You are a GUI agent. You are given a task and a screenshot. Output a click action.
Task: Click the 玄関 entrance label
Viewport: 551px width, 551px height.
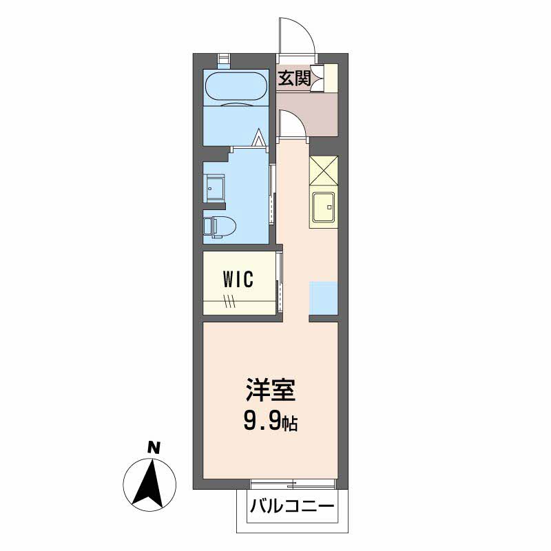coord(293,79)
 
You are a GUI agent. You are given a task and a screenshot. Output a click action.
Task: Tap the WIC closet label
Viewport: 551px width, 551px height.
coord(238,279)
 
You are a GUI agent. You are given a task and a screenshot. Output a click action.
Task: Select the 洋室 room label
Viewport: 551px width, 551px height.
coord(270,391)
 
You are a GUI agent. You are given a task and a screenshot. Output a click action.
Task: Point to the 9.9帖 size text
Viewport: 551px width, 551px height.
coord(270,421)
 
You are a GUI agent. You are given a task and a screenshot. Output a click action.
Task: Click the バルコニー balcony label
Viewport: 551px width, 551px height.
coord(292,508)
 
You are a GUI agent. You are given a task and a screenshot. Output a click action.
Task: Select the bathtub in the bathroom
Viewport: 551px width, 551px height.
coord(236,87)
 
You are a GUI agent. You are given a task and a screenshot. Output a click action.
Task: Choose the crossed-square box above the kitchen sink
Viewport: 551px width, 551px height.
coord(324,171)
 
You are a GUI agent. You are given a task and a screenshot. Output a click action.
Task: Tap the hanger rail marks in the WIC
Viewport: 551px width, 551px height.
coord(230,300)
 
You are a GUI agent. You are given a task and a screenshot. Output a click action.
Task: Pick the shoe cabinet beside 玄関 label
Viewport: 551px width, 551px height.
coord(330,77)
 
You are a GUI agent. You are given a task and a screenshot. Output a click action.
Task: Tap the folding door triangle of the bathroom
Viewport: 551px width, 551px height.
coord(260,138)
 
